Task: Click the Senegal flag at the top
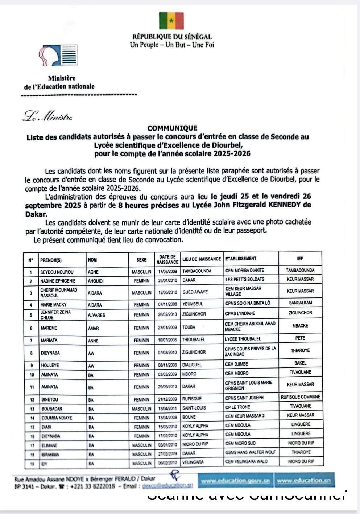171,21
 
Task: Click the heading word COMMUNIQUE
172,128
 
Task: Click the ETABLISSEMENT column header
241,259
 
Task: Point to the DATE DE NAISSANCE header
167,259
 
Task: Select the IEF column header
300,259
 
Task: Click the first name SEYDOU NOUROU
57,272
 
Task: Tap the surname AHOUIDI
96,281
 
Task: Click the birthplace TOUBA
189,328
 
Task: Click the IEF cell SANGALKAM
300,303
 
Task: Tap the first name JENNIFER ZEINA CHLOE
55,315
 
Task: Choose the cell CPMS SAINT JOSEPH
244,398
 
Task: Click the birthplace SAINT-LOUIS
194,408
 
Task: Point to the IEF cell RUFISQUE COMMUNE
300,397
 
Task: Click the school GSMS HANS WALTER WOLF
250,453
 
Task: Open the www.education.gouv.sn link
235,481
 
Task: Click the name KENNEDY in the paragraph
287,205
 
